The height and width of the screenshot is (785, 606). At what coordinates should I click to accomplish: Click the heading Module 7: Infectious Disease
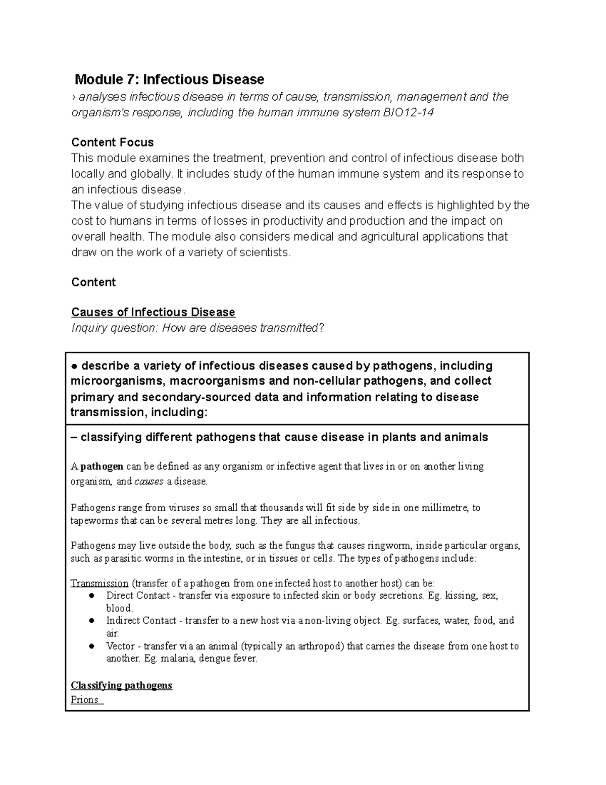pos(169,79)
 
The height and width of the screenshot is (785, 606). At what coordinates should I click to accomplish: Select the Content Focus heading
pos(112,142)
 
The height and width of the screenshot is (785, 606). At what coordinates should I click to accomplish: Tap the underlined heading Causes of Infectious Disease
pos(153,312)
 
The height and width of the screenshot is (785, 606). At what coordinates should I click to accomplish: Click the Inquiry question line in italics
pos(197,328)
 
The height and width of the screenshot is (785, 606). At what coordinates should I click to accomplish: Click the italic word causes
pos(149,482)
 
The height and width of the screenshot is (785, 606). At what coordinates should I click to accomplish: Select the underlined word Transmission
pos(99,583)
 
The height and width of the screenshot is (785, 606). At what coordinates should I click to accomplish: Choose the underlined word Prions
pos(85,700)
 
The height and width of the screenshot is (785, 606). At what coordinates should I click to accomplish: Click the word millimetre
pos(444,508)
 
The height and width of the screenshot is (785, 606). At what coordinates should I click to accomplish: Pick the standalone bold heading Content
pos(93,282)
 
